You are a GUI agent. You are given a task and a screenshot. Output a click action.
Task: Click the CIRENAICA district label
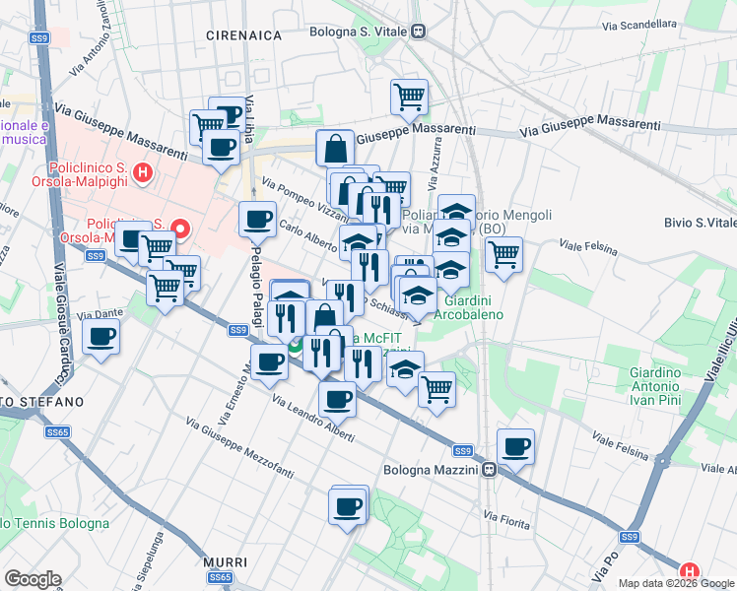243,35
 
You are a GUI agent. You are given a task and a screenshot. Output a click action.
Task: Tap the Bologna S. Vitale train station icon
419,32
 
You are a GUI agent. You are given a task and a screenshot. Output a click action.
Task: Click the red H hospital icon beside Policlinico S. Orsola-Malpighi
143,174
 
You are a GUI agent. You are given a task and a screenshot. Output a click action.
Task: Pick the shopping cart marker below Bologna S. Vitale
409,97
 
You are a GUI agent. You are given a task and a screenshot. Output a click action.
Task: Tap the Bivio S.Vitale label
700,223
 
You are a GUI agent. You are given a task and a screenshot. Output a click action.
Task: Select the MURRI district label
218,562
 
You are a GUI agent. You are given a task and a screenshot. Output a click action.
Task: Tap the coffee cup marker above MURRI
348,506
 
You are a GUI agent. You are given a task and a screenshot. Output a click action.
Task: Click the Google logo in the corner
33,579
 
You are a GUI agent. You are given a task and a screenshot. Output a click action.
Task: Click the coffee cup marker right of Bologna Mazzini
515,447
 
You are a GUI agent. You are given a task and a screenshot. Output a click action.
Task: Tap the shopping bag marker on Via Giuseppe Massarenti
335,149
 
